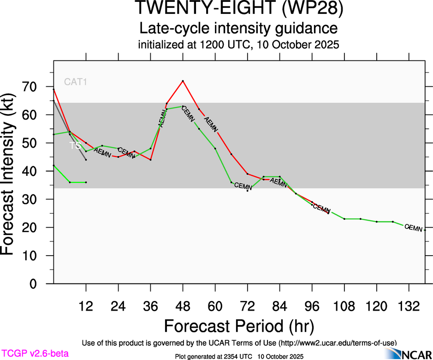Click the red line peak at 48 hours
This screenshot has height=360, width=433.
[x=183, y=81]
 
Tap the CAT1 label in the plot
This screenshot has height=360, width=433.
[x=76, y=82]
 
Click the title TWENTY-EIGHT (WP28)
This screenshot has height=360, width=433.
[x=239, y=9]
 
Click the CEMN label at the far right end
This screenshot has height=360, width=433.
[x=413, y=228]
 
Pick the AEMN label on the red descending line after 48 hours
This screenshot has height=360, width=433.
[x=211, y=125]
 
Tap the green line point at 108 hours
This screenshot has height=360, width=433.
[x=344, y=219]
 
